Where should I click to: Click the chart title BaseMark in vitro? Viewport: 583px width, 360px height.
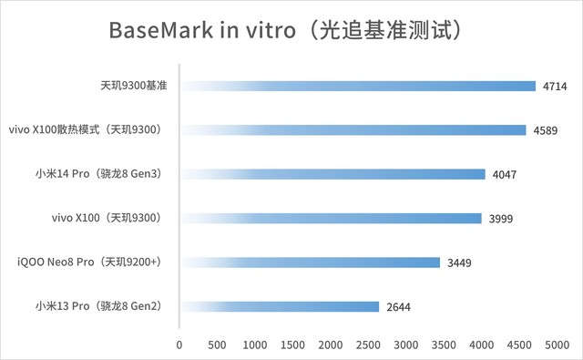point(291,30)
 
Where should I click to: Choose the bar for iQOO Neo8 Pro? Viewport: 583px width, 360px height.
point(310,262)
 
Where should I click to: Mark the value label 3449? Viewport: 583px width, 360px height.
point(459,262)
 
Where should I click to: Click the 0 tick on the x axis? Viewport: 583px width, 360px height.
point(179,345)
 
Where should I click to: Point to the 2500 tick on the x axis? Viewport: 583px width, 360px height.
point(369,345)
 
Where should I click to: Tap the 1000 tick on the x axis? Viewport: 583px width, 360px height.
point(255,345)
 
